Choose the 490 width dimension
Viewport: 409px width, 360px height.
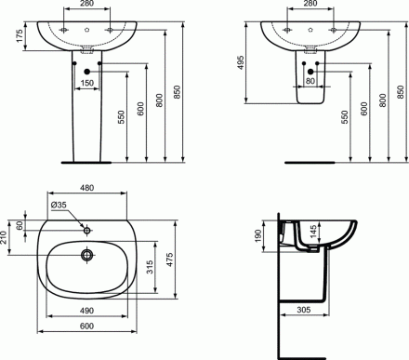pos(86,310)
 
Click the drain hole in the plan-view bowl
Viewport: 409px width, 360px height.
pos(86,254)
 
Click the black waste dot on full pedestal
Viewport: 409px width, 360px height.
pos(86,71)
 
